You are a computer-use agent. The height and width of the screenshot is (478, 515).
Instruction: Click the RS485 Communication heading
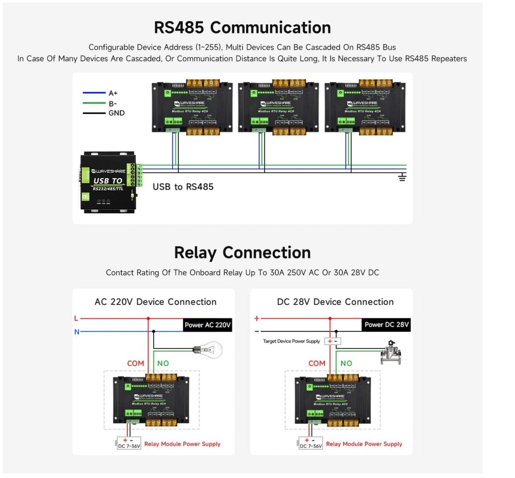pos(242,27)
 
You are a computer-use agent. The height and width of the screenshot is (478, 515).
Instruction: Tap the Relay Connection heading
pos(242,253)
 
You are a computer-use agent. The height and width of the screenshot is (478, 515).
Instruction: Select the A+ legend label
pos(113,93)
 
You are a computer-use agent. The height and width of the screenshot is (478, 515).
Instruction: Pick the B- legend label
pos(113,104)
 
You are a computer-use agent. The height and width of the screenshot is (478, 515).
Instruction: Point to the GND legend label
pos(117,113)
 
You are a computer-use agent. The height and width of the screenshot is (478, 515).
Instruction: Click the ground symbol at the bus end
pos(402,177)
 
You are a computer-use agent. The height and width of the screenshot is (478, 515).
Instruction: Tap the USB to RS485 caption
pos(183,187)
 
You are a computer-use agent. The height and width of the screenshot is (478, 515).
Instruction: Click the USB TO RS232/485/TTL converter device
pos(108,182)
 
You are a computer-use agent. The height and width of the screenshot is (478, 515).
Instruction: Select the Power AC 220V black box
pos(208,325)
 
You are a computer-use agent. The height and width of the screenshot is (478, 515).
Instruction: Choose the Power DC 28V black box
pos(386,324)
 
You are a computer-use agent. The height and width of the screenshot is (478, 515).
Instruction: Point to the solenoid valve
pos(391,353)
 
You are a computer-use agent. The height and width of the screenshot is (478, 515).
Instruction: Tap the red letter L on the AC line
pos(76,319)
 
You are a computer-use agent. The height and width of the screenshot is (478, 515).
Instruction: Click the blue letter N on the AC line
pos(77,332)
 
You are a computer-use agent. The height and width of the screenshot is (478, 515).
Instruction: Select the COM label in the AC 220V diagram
pos(136,363)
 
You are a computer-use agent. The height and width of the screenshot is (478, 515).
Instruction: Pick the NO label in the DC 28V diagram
pos(346,363)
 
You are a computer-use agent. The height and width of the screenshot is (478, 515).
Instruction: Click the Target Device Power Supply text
pos(291,341)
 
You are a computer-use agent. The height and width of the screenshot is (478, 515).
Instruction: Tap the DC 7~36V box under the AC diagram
pos(129,444)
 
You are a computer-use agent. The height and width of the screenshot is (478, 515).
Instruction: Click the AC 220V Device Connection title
pos(155,302)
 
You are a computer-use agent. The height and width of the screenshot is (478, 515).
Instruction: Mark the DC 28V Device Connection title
pos(335,302)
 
